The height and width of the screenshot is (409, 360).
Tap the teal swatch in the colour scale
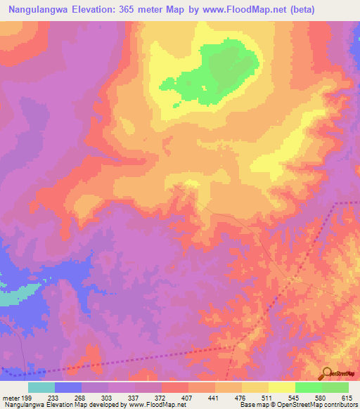click(x=41, y=387)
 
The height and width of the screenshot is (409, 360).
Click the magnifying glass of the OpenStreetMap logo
click(x=327, y=373)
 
